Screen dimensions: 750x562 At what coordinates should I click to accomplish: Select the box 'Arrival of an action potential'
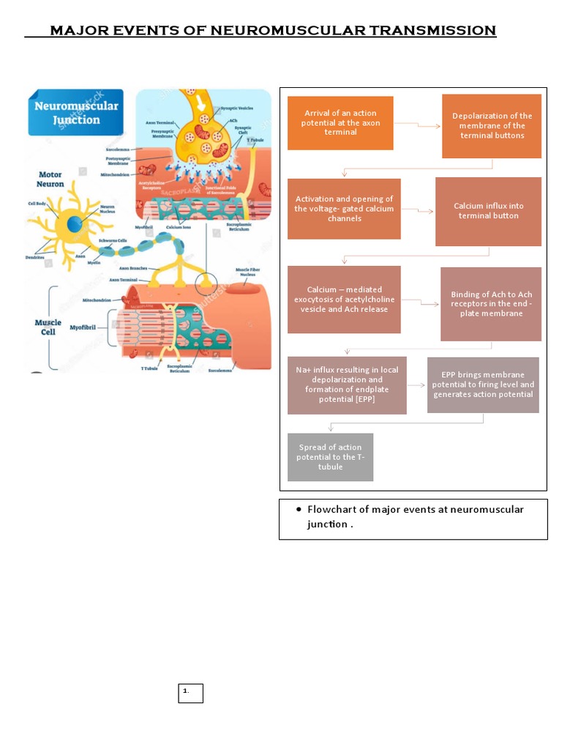click(340, 122)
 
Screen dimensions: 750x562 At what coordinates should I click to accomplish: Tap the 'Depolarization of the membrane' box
click(491, 126)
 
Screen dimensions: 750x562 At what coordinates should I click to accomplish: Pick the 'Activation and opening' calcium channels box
click(344, 209)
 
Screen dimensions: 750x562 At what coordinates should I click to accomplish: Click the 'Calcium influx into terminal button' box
click(488, 212)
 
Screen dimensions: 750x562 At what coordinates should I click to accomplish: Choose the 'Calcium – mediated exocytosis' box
click(344, 300)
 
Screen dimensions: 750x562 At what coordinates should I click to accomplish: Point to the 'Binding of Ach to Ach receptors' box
click(491, 304)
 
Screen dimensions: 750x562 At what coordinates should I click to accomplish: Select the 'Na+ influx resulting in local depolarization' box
click(347, 385)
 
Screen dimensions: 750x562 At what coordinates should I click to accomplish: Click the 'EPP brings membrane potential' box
click(483, 385)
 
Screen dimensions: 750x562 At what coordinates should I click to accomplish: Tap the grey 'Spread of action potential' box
click(330, 457)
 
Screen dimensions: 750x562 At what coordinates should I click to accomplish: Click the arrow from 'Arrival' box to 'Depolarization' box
click(417, 126)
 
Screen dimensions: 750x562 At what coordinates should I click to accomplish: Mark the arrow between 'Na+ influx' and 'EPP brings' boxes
click(416, 385)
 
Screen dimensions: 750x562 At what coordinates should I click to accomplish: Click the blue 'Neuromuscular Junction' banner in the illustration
click(75, 113)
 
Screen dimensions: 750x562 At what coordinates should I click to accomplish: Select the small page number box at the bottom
click(190, 693)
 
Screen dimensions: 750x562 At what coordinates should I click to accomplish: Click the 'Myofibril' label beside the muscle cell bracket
click(84, 328)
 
